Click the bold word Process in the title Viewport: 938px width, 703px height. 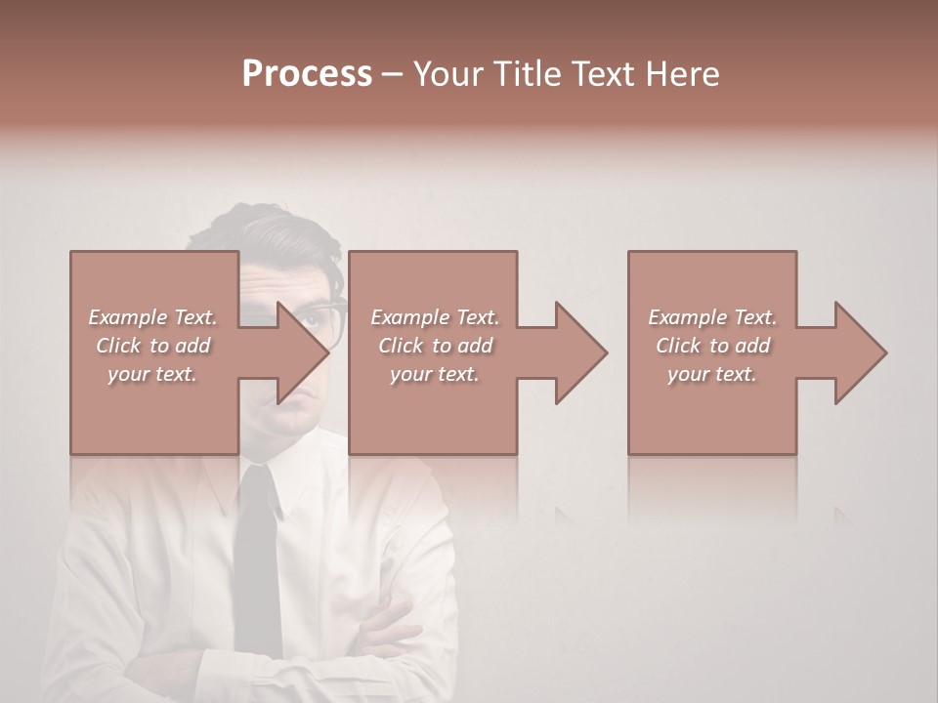click(307, 73)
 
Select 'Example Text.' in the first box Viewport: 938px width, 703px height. click(152, 317)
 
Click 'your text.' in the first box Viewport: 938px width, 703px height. click(152, 374)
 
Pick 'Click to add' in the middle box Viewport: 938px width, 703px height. click(435, 346)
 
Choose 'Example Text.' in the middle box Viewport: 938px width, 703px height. click(435, 317)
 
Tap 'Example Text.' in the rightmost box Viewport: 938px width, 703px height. click(712, 317)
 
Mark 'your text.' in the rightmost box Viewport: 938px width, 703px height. click(712, 374)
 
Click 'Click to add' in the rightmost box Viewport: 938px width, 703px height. click(712, 346)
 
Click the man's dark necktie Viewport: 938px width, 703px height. click(259, 557)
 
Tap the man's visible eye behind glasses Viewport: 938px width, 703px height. click(314, 314)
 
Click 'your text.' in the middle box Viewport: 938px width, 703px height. click(435, 374)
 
